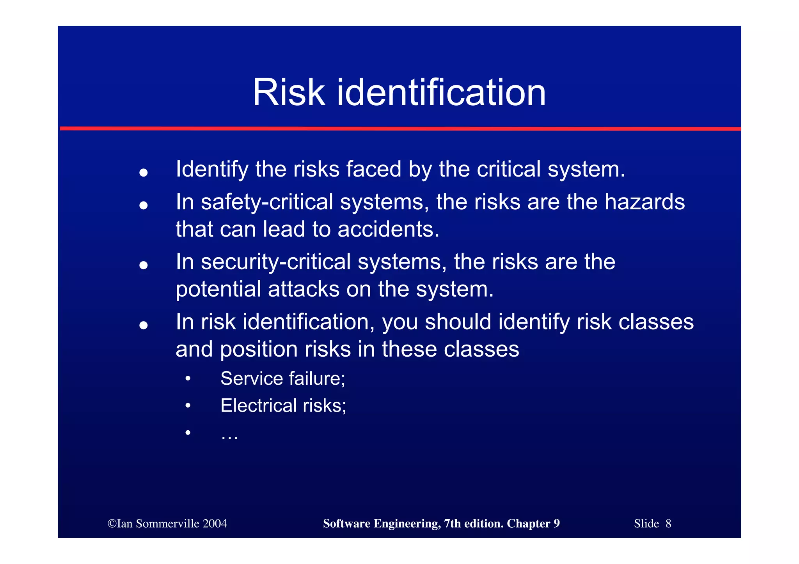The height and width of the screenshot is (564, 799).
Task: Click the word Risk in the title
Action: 288,93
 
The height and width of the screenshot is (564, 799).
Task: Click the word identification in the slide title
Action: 441,93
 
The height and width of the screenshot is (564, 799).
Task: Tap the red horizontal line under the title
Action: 400,128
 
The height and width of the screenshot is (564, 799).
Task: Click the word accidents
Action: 388,229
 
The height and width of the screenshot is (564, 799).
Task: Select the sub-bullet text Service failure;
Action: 283,378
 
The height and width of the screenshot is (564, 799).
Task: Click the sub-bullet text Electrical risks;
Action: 283,406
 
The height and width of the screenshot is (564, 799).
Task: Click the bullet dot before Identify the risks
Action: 144,172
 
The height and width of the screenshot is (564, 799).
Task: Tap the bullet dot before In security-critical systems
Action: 144,265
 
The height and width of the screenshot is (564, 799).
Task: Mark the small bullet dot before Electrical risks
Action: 188,406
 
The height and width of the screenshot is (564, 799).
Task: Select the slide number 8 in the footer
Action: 668,523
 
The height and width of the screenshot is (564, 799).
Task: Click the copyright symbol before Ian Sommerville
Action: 112,524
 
